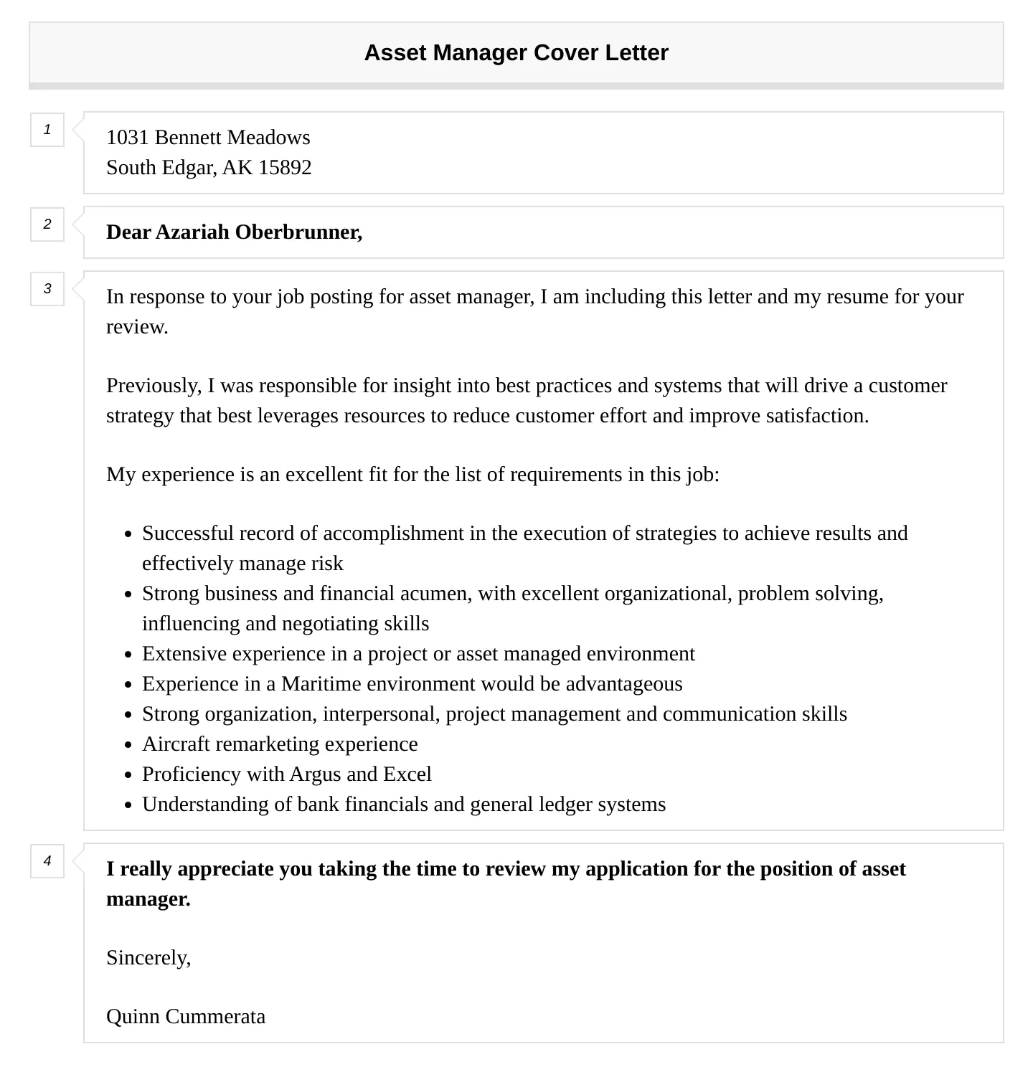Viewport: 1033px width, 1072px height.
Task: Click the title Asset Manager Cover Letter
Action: (x=516, y=53)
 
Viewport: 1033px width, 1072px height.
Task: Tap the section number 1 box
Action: (x=47, y=130)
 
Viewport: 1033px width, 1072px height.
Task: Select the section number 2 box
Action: (x=47, y=224)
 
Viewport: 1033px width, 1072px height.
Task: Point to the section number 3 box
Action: (x=47, y=289)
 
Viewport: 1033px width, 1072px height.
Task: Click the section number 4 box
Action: (x=47, y=861)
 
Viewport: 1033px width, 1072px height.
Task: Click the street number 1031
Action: (x=128, y=138)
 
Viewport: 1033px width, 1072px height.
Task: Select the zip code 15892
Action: (x=285, y=168)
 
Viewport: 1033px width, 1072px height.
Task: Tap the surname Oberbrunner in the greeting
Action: (x=298, y=232)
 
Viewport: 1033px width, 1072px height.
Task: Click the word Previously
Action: (x=154, y=386)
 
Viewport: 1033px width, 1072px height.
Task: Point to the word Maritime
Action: (x=321, y=684)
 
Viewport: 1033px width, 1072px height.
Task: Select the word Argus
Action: (x=315, y=774)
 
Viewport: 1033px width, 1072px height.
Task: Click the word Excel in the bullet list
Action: (x=407, y=774)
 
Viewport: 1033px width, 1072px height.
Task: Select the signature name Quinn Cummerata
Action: (x=186, y=1017)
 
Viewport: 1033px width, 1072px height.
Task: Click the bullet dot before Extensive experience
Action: (x=128, y=655)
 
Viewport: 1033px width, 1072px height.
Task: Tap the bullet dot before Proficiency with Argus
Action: (x=128, y=775)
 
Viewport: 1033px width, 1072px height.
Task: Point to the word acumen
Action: (x=433, y=594)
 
